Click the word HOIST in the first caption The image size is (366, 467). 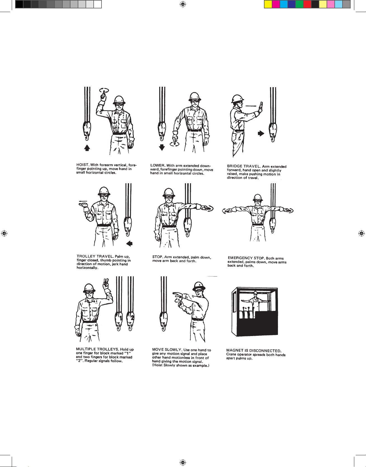(82, 165)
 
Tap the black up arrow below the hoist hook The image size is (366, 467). (87, 148)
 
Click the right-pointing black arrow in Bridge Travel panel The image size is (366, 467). (261, 133)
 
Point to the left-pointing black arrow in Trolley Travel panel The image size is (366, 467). (129, 243)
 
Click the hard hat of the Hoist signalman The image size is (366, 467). (119, 100)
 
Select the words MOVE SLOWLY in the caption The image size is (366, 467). (167, 349)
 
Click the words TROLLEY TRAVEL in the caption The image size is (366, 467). (95, 256)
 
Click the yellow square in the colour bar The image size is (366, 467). (268, 4)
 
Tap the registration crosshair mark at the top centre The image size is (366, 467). (183, 4)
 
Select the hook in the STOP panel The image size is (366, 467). (187, 227)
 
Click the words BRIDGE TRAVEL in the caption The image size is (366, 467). (244, 166)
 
